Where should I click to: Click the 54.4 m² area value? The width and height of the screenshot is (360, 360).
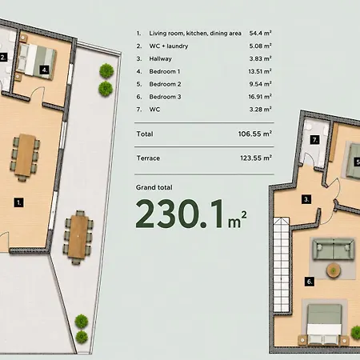260,33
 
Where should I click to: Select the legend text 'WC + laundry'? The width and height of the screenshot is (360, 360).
169,46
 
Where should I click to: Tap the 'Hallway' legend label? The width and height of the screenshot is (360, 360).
160,58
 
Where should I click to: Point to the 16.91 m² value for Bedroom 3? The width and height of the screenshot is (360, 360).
260,97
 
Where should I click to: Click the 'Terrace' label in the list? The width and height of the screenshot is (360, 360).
148,158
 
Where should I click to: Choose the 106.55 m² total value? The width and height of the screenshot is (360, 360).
255,134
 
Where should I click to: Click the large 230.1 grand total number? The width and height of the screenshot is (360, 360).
179,214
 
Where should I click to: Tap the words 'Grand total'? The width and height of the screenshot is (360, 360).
154,187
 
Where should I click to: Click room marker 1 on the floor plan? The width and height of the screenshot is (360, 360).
18,202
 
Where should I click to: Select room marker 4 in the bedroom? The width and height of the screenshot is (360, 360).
45,70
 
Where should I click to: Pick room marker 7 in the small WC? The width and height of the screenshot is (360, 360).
314,140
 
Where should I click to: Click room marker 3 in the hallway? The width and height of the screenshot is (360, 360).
306,199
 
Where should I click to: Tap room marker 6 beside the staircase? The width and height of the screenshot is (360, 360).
310,282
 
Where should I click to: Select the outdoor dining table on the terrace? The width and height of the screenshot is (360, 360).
78,237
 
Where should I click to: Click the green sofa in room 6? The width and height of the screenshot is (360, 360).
334,250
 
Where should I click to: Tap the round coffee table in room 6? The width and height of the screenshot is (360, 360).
334,270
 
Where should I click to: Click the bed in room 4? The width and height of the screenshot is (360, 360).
36,61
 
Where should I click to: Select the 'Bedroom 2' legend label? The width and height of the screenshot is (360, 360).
165,84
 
